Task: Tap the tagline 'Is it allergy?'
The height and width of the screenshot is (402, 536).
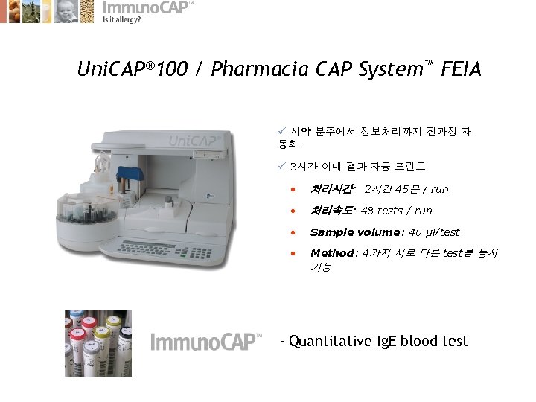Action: click(x=121, y=20)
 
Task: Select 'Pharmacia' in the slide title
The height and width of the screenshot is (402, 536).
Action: click(x=252, y=70)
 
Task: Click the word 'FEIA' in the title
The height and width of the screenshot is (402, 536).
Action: click(x=461, y=70)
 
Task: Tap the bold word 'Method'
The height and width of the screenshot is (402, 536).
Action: click(x=331, y=253)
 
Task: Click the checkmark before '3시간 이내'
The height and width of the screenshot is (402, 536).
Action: click(x=281, y=167)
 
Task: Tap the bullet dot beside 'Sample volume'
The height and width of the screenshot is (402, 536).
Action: click(x=296, y=233)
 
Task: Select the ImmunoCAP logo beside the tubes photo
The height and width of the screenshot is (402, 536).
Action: click(x=205, y=342)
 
